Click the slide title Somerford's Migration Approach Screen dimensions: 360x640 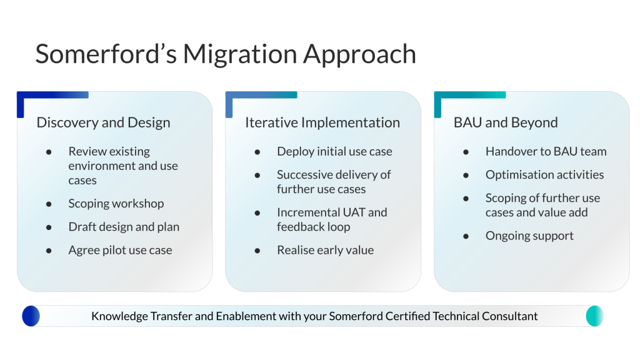coord(226,54)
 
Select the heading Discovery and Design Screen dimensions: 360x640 coord(103,122)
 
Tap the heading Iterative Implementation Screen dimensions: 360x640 coord(322,122)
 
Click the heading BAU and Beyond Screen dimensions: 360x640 coord(506,122)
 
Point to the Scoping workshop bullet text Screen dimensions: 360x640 coord(116,204)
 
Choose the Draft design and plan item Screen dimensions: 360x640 coord(124,227)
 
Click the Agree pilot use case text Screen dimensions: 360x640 coord(120,250)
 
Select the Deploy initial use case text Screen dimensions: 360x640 coord(334,151)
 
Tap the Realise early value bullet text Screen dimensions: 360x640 coord(325,250)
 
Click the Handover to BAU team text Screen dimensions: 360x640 coord(546,151)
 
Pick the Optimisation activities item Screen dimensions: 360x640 coord(544,174)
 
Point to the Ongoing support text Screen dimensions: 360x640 coord(529,236)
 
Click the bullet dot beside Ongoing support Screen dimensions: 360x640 coord(466,236)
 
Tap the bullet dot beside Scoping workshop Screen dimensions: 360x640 coord(49,204)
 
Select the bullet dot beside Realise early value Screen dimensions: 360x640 coord(257,251)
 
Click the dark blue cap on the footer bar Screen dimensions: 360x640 coord(31,316)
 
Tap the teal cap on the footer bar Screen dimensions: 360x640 coord(594,316)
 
